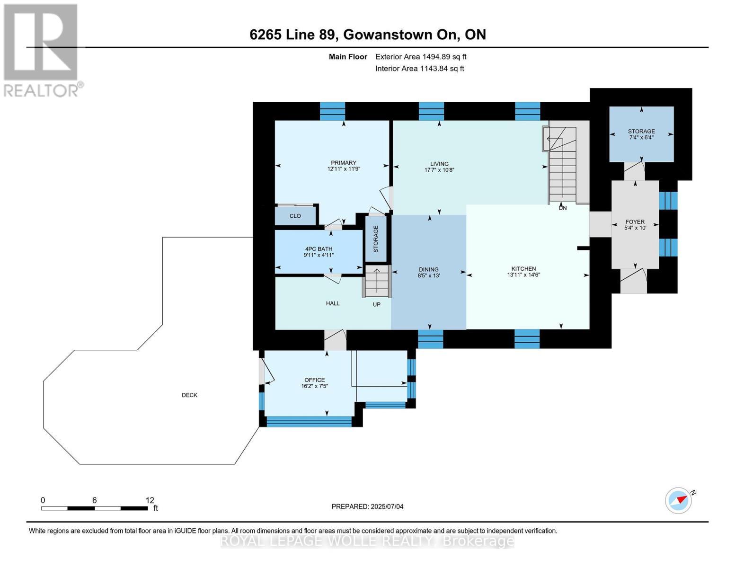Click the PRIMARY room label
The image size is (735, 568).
point(343,163)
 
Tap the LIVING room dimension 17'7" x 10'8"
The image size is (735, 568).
point(439,170)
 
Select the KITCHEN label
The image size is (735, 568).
point(523,268)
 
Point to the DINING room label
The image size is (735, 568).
point(428,269)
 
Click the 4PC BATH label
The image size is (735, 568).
point(319,248)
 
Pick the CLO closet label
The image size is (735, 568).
point(295,216)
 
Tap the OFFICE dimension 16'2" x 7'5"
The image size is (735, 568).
point(315,386)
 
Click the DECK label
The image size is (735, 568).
point(189,395)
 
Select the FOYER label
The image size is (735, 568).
point(635,222)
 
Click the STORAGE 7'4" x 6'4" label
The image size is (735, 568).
point(641,134)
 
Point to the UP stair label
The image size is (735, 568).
point(376,304)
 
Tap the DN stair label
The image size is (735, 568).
point(563,208)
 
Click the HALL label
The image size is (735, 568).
point(333,303)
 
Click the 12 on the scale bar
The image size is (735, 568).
point(150,500)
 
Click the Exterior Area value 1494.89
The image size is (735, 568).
point(438,57)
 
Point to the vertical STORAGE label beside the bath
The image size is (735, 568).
point(375,239)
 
